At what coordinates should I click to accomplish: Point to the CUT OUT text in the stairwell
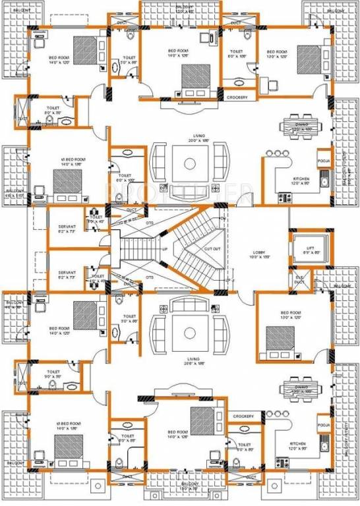click(x=212, y=249)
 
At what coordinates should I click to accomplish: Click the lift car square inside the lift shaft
click(x=305, y=243)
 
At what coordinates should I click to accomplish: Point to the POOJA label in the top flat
click(x=323, y=160)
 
